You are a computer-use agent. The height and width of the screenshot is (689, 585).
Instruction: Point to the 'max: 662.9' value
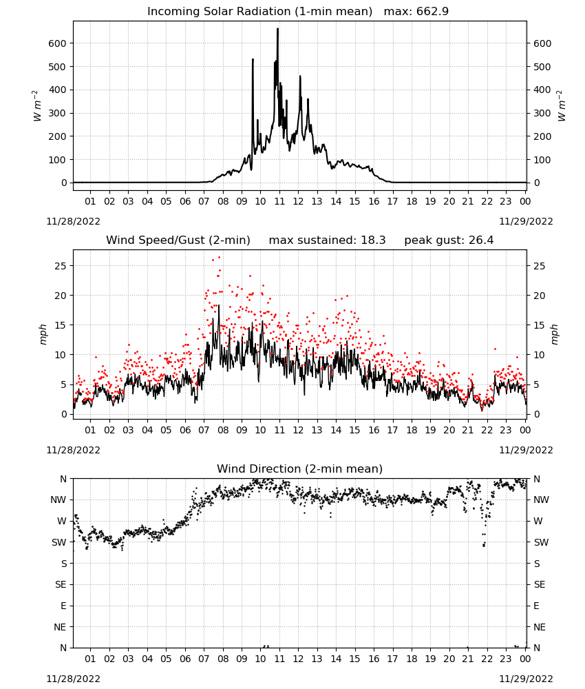(416, 12)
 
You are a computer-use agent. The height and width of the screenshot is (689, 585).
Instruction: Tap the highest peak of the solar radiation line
(277, 29)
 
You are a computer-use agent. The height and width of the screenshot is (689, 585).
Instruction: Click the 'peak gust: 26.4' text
(449, 240)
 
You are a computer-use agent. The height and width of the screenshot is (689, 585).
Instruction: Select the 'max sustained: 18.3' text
(327, 240)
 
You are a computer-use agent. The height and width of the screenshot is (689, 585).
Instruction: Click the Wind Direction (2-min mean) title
(300, 469)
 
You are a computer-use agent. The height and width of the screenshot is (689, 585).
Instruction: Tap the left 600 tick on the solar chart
(57, 43)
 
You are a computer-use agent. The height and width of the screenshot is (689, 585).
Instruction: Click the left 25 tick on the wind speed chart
(61, 266)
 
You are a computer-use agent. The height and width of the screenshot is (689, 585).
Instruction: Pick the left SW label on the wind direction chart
(59, 542)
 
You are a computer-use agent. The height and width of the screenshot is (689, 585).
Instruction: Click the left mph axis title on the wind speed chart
(43, 334)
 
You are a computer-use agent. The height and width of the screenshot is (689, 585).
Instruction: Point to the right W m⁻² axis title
(562, 106)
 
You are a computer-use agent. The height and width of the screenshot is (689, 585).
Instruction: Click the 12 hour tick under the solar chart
(298, 201)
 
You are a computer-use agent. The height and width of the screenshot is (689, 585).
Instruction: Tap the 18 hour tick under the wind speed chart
(411, 430)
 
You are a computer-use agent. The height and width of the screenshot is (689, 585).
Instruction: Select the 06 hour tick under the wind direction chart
(185, 659)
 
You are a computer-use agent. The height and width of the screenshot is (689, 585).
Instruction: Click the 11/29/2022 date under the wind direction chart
(526, 679)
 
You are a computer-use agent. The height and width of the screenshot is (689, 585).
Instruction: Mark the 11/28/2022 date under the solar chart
(73, 221)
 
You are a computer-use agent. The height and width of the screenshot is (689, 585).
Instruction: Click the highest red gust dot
(219, 258)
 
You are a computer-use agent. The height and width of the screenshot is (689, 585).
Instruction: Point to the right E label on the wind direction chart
(536, 606)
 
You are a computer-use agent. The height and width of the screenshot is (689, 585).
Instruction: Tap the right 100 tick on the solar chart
(542, 160)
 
